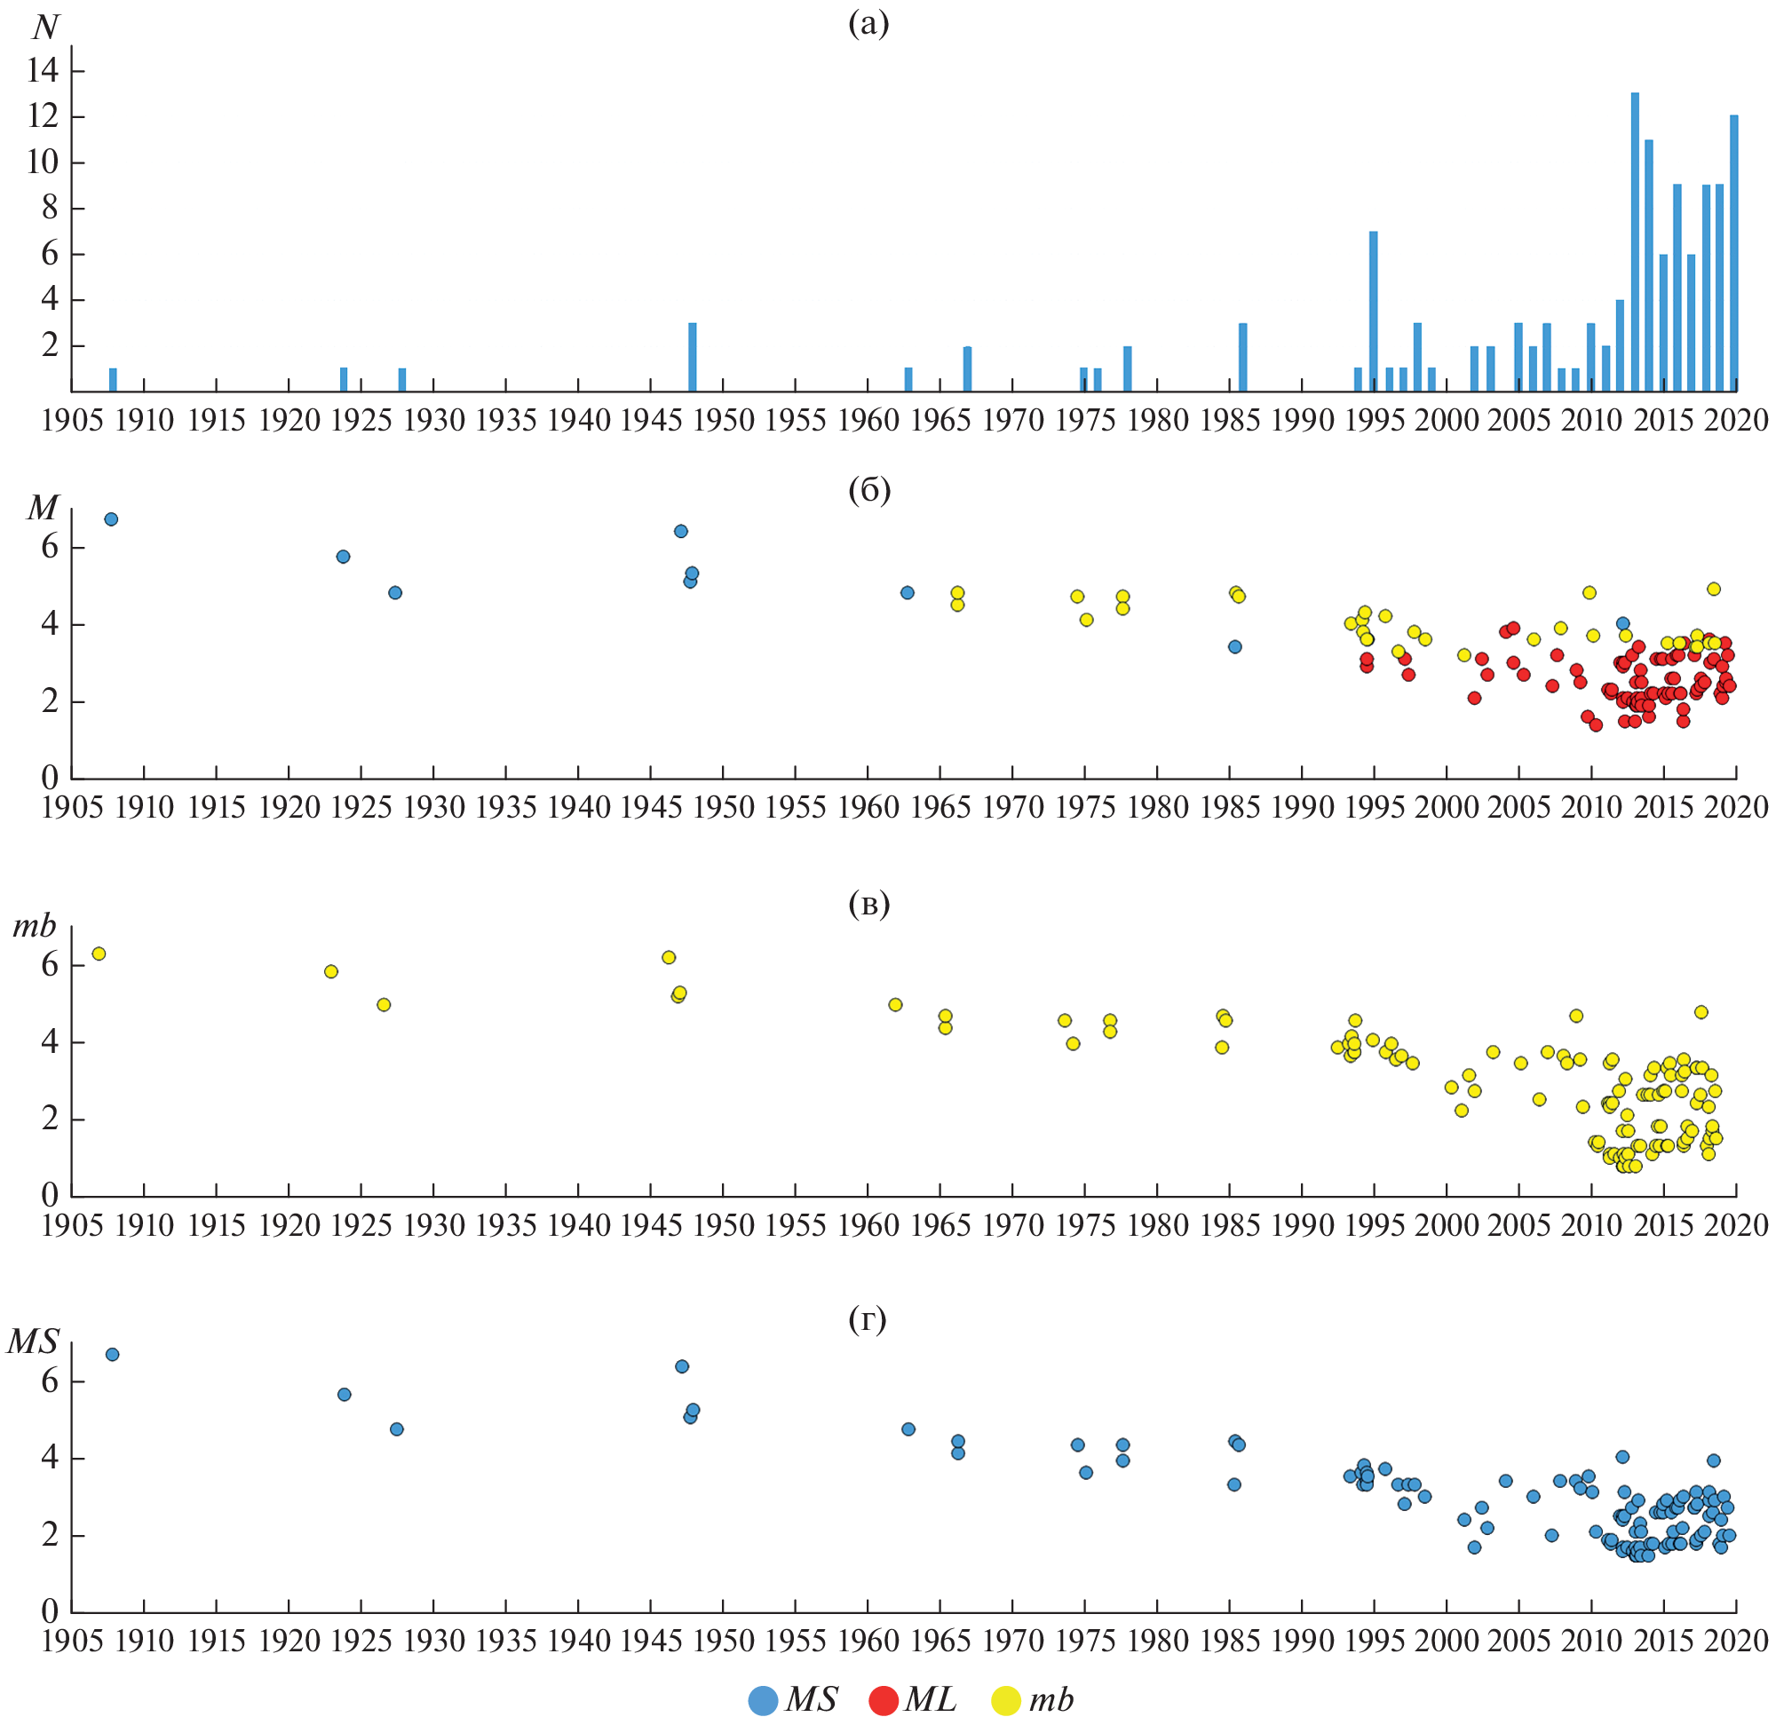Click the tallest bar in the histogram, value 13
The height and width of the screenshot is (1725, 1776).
click(1635, 241)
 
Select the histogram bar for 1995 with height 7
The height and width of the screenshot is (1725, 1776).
click(1374, 312)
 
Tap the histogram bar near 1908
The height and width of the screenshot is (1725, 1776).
click(113, 380)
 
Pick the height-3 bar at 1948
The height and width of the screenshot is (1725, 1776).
click(693, 357)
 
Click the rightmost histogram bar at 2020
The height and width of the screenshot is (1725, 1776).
click(1733, 254)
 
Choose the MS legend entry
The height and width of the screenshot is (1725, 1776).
click(792, 1699)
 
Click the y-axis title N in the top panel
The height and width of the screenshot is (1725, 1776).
click(45, 28)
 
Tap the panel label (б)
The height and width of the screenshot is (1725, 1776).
click(869, 490)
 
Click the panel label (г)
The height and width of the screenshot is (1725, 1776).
click(868, 1320)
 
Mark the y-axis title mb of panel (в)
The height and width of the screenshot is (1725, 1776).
click(35, 926)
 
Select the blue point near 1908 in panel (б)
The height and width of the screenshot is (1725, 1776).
click(110, 519)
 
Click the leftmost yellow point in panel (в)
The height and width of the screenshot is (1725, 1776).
click(99, 953)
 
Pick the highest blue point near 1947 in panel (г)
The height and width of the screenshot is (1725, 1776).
click(681, 1366)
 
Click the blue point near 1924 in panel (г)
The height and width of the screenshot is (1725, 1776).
click(345, 1395)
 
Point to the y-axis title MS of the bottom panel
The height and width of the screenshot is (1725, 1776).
click(33, 1341)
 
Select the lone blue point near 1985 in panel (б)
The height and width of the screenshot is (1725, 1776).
click(1234, 647)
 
